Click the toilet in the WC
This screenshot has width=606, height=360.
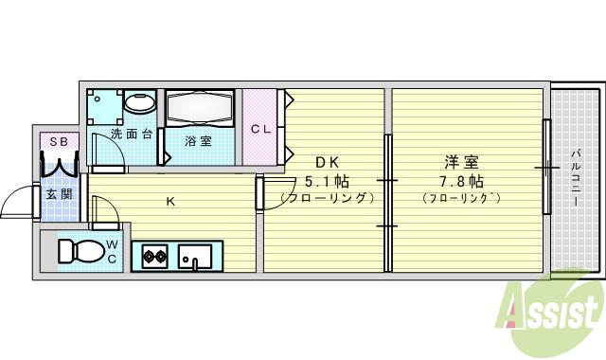tap(78, 251)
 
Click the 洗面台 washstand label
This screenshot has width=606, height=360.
tap(132, 134)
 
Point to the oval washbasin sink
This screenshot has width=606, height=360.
tap(141, 102)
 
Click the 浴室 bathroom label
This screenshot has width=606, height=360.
tap(198, 141)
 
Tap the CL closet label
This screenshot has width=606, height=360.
tap(262, 129)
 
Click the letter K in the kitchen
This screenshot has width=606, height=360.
tap(170, 200)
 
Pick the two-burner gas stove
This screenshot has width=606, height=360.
tap(155, 255)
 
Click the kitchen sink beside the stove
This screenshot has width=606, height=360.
tap(197, 256)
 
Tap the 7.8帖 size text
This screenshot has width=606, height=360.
tap(461, 179)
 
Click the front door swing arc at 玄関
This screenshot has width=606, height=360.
tap(16, 201)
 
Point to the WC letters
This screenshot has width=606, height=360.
tap(111, 252)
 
